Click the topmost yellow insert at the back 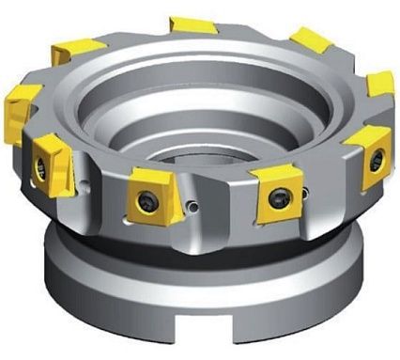193,24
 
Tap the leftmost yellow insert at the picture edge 21,111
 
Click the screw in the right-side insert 375,160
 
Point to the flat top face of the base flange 85,282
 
